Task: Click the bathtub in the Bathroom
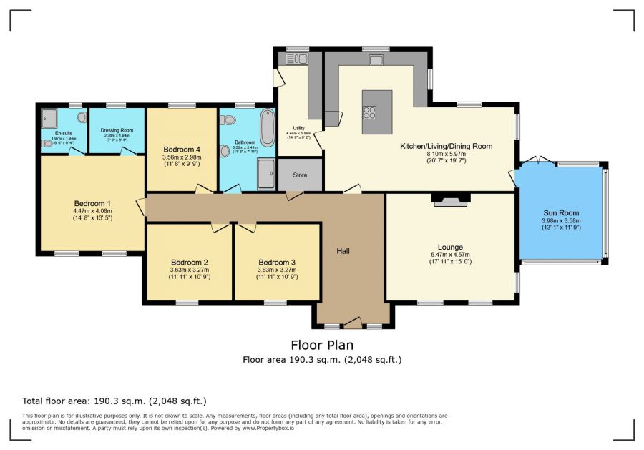click(x=268, y=127)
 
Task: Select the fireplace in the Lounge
click(x=450, y=200)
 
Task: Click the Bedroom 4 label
click(x=181, y=149)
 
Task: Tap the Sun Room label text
click(x=561, y=213)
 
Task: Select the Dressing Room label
click(x=117, y=130)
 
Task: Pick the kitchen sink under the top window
click(x=376, y=60)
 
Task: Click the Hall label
click(x=344, y=251)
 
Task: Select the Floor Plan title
click(x=321, y=345)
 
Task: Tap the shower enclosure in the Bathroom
click(x=265, y=174)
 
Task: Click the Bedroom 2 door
click(x=220, y=227)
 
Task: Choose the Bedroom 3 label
click(x=277, y=262)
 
